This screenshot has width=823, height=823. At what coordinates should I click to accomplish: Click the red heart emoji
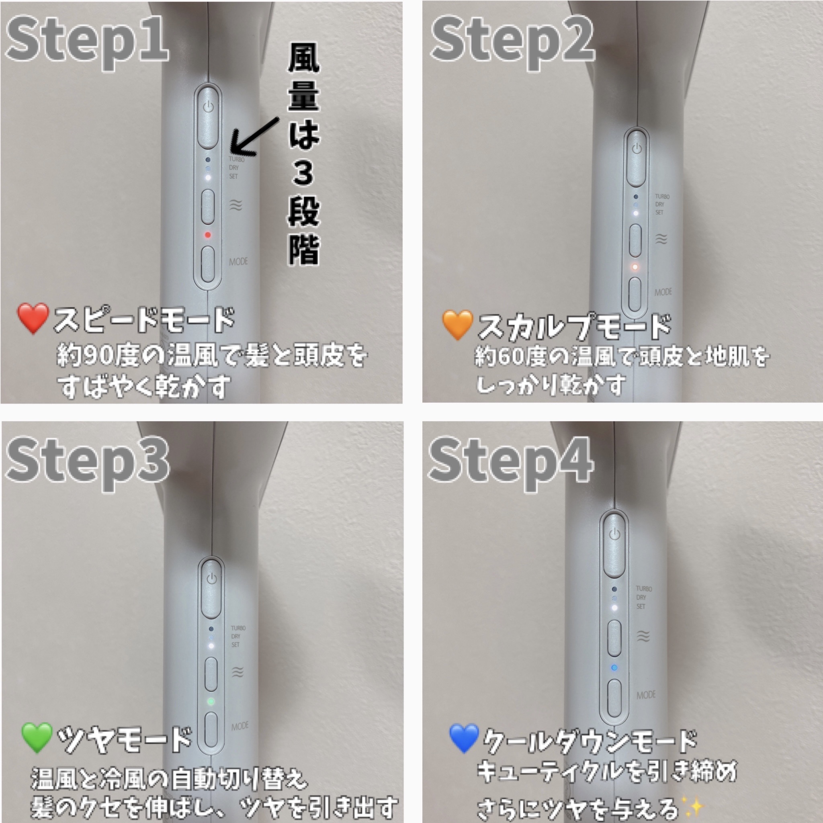[33, 319]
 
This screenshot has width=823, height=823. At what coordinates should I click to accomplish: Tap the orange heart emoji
[457, 325]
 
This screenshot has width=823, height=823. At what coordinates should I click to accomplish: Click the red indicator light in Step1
[207, 235]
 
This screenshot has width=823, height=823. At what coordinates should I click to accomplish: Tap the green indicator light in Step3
[211, 701]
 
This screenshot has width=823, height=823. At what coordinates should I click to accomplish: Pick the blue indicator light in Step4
[614, 667]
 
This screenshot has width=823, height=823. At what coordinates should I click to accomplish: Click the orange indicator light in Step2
[635, 267]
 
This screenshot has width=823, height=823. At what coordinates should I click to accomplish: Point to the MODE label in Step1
[238, 262]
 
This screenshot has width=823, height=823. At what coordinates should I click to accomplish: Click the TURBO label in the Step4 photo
[644, 589]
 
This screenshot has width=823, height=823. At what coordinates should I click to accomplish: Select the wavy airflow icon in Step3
[237, 672]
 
